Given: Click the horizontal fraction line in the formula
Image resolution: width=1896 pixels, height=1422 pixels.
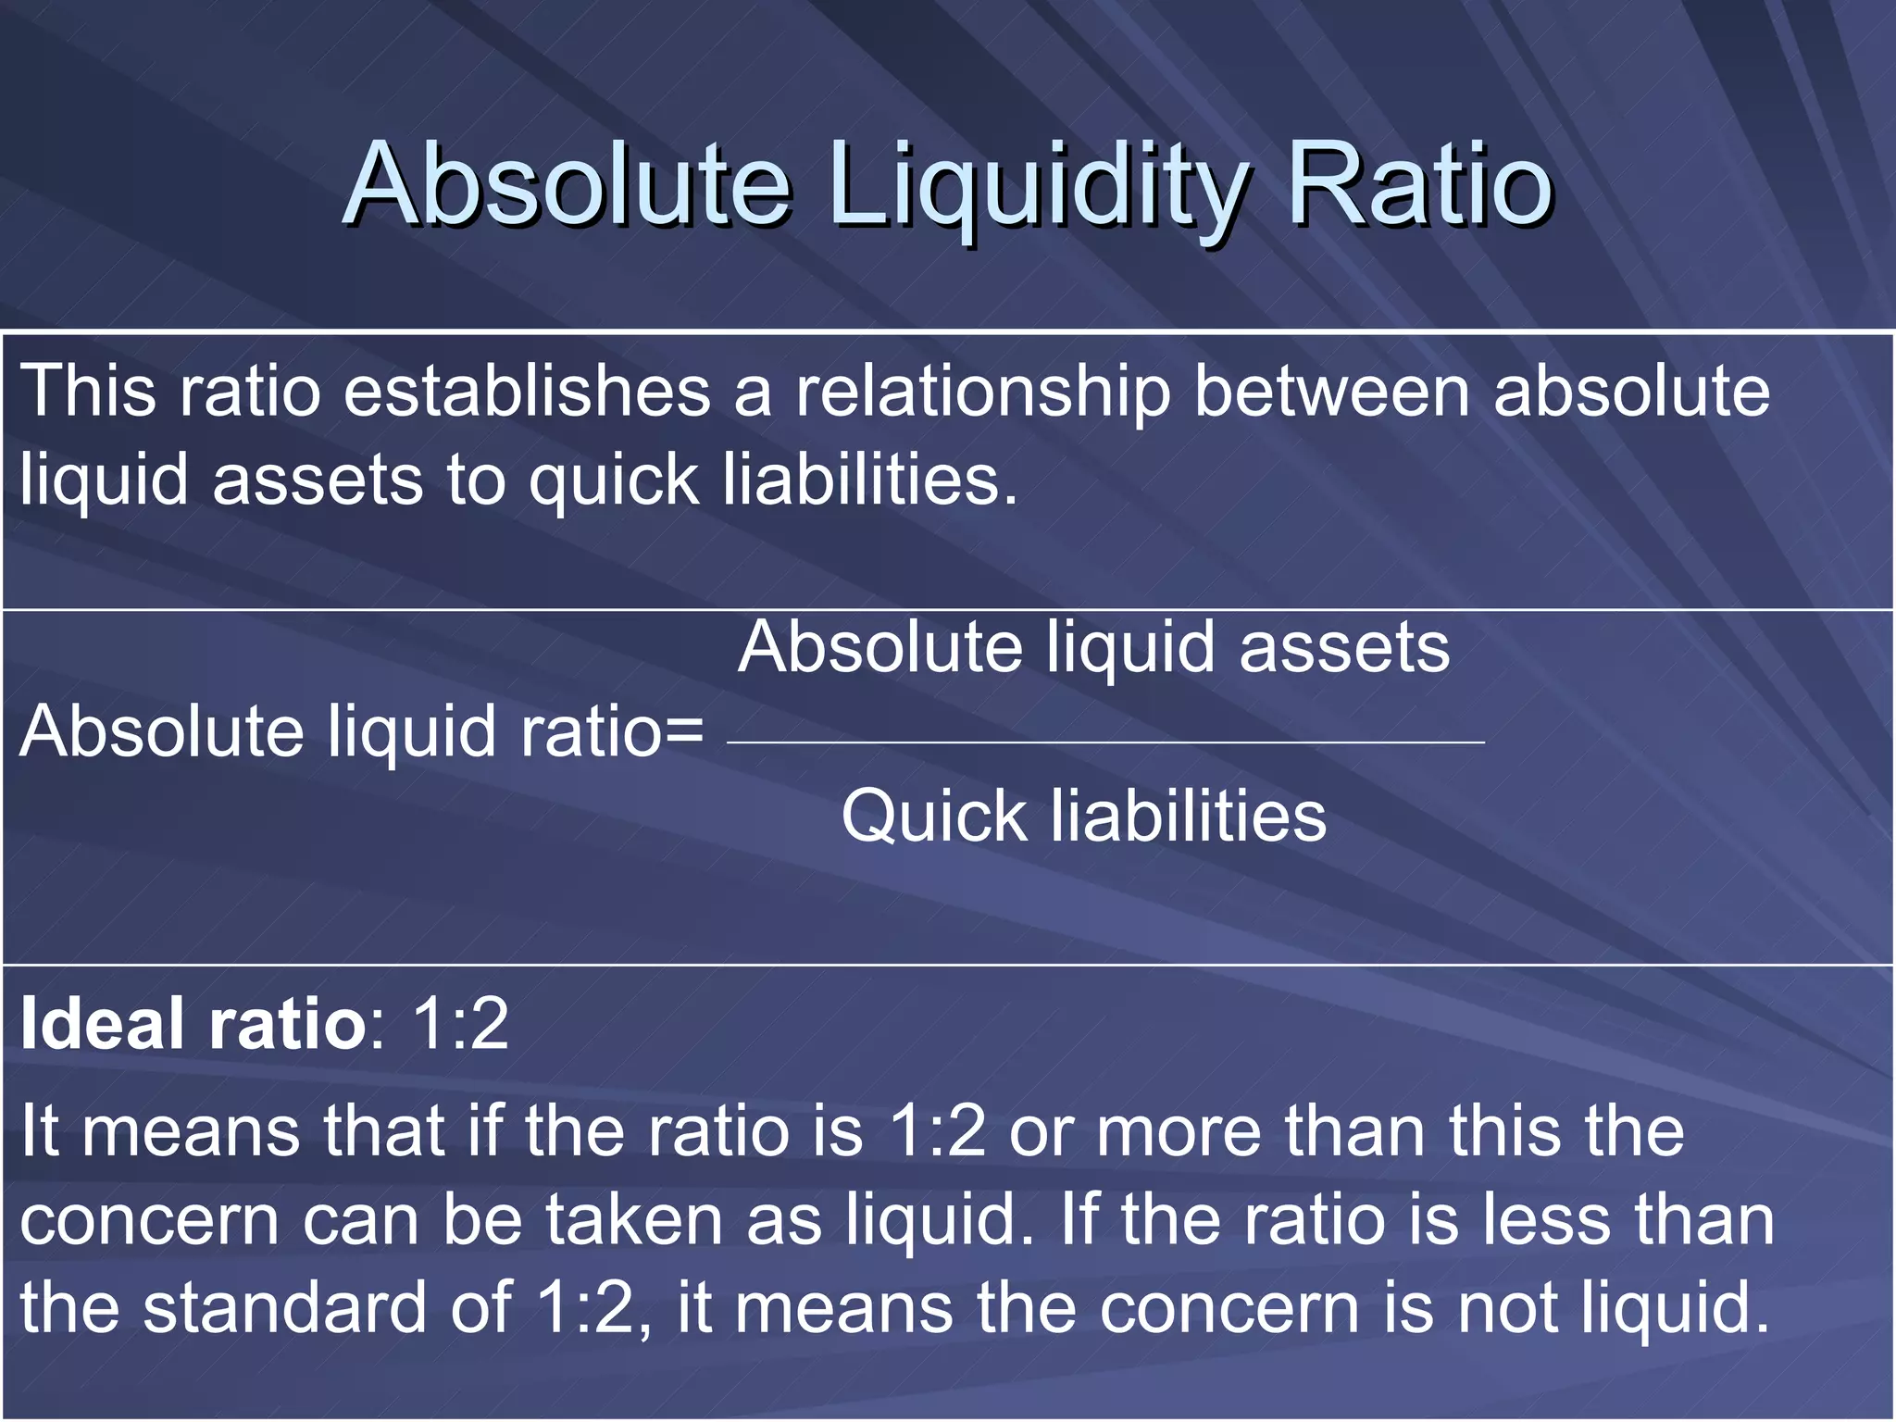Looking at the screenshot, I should pyautogui.click(x=1105, y=742).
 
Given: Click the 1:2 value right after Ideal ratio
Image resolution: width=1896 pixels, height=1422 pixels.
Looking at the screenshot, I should pyautogui.click(x=460, y=1025).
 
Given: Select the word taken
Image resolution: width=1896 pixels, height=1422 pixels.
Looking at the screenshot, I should pyautogui.click(x=633, y=1220).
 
